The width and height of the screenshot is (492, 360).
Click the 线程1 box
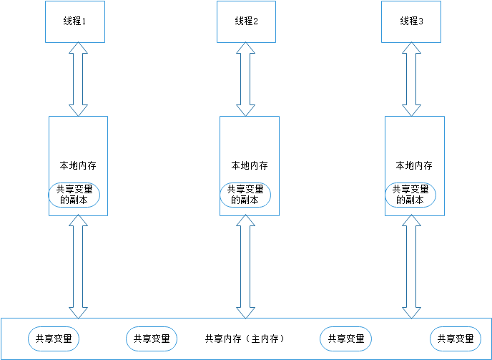75,21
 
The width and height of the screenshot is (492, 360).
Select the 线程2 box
246,21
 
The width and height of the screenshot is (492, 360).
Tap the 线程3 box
411,21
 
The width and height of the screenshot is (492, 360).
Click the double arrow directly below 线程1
78,79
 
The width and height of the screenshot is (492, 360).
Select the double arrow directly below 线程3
412,79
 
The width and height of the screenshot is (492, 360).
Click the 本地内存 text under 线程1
78,165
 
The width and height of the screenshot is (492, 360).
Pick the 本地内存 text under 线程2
249,165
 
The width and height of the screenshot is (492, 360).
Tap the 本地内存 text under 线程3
414,165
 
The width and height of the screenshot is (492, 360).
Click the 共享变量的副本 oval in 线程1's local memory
74,195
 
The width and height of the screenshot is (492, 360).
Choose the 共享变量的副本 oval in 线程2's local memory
245,195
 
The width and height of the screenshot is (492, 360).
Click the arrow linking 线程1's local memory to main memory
78,266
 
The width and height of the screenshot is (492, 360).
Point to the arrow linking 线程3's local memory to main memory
412,266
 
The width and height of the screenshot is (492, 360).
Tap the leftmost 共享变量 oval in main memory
54,339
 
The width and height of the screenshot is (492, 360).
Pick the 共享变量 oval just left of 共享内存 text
152,339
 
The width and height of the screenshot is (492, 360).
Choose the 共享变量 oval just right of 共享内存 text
346,339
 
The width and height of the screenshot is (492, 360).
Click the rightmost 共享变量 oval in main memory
456,339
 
